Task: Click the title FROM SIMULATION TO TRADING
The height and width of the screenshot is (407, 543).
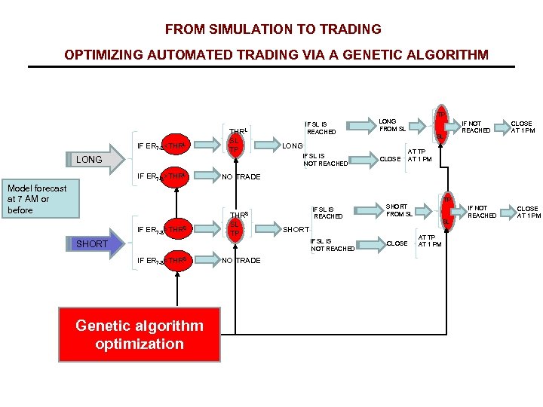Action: tap(273, 29)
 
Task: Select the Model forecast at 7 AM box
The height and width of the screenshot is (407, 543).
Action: tap(37, 199)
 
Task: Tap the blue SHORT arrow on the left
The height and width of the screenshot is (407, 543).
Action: tap(95, 243)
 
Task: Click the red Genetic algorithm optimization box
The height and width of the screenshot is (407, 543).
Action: tap(140, 335)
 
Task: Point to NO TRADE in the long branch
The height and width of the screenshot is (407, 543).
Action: tap(241, 177)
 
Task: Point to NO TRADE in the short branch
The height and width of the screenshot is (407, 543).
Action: tap(241, 261)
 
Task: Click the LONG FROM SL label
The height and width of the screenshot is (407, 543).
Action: tap(391, 124)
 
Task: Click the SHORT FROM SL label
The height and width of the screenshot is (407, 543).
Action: tap(399, 210)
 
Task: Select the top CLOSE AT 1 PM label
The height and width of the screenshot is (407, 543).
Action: tap(521, 127)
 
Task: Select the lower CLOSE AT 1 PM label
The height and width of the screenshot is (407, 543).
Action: tap(528, 212)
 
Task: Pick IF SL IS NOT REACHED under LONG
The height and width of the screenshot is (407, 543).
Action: tap(325, 159)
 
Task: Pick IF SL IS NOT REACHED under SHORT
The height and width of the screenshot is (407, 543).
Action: tap(333, 244)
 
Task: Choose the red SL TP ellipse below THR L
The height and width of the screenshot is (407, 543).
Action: tap(235, 145)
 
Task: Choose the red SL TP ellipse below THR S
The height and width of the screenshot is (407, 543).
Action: tap(235, 228)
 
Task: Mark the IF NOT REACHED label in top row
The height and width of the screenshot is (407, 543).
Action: tap(476, 126)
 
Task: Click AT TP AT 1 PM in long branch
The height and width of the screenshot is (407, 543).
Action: tap(419, 155)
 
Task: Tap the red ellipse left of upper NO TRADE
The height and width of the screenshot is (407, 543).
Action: tap(176, 176)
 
